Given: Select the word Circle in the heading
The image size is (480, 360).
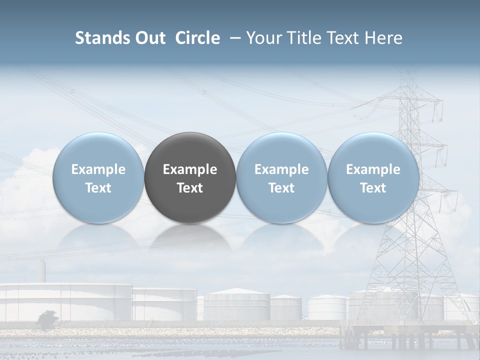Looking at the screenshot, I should point(197,38).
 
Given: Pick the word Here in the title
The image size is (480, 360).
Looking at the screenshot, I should point(384,38).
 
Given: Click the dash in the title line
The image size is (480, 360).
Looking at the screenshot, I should point(233,38).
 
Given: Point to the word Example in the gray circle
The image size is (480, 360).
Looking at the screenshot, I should point(190,169).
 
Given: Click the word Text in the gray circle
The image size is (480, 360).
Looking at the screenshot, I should point(190,188).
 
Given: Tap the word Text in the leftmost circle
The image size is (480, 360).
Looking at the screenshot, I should point(98,188).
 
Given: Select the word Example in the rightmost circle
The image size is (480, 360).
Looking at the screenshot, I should point(373,169).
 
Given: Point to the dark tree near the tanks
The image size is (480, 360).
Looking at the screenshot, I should point(47,319).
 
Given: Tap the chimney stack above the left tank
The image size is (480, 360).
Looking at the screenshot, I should point(43,271).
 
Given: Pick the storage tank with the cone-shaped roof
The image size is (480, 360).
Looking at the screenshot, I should point(237,304).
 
